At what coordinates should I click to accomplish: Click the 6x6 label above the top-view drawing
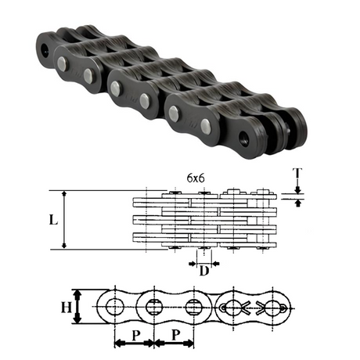[196, 178]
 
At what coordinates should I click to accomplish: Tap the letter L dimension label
[53, 221]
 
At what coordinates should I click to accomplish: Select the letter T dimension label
[297, 174]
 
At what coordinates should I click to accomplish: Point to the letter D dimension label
[204, 271]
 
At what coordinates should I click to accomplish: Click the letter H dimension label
[67, 307]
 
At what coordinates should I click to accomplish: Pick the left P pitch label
[135, 336]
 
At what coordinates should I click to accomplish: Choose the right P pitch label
[176, 335]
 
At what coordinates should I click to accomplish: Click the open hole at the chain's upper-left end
[46, 49]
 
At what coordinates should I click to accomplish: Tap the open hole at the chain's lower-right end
[245, 137]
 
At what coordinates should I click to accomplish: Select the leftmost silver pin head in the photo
[62, 63]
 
